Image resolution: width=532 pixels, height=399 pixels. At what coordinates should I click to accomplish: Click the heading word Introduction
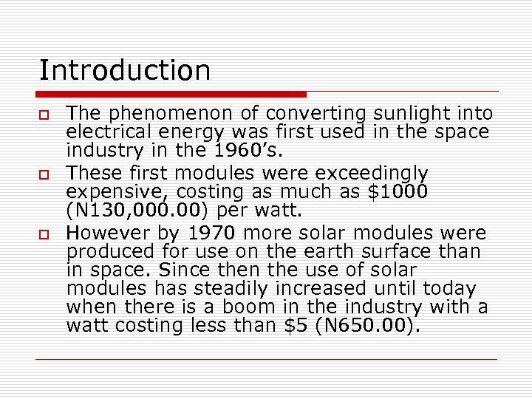(x=125, y=71)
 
